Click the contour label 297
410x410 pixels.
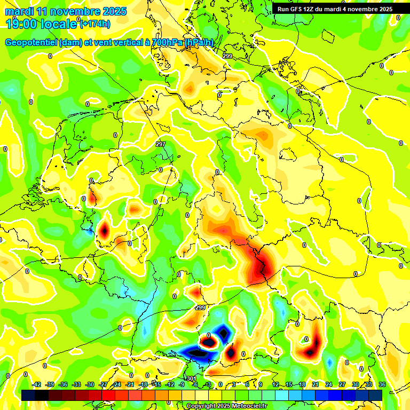pyautogui.click(x=161, y=145)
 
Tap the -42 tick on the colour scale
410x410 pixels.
pyautogui.click(x=37, y=385)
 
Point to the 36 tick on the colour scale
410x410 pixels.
pyautogui.click(x=382, y=385)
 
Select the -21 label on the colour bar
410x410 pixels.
pyautogui.click(x=130, y=385)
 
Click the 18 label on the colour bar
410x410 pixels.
pyautogui.click(x=302, y=385)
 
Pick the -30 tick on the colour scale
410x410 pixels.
pyautogui.click(x=90, y=385)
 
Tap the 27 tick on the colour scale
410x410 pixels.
pyautogui.click(x=342, y=385)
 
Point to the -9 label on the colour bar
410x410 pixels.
pyautogui.click(x=182, y=385)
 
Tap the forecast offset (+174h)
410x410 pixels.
pyautogui.click(x=96, y=23)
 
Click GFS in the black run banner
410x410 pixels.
pyautogui.click(x=297, y=9)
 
